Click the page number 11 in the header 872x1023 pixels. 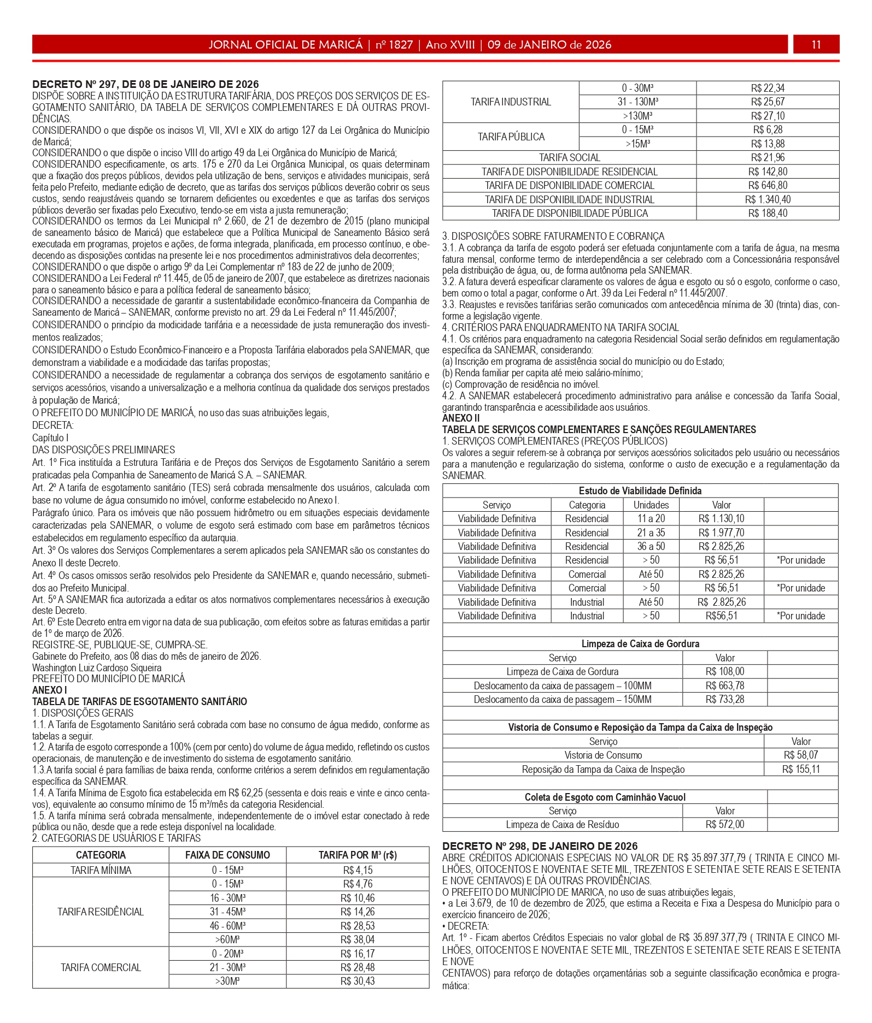816,45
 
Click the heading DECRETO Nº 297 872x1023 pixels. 145,84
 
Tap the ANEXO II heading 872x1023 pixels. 461,418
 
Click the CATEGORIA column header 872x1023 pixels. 101,855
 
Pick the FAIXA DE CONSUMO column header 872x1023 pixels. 227,855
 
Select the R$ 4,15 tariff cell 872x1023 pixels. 358,870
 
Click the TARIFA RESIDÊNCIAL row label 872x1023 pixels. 101,912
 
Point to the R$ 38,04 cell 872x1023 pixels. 358,939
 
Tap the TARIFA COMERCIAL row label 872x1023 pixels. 101,967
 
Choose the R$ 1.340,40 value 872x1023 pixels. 768,199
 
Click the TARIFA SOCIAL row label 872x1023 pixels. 569,157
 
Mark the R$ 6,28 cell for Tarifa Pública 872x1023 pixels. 768,129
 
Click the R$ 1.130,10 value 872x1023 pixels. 721,518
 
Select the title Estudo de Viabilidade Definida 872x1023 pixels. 640,490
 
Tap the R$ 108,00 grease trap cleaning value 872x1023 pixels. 725,671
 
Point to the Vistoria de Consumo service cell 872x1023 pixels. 603,755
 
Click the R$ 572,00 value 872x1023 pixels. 725,824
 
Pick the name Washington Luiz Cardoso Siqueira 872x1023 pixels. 97,667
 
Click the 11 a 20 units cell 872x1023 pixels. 651,518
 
